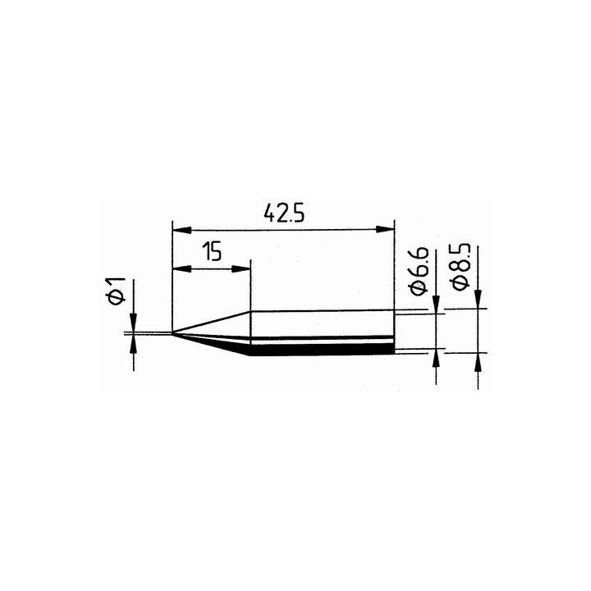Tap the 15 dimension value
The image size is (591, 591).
pyautogui.click(x=213, y=251)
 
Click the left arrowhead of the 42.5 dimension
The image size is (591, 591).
pyautogui.click(x=180, y=229)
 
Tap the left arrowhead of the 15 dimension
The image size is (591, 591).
pyautogui.click(x=180, y=268)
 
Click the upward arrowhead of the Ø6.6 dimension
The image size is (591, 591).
pyautogui.click(x=434, y=359)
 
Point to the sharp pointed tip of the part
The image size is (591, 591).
pyautogui.click(x=174, y=332)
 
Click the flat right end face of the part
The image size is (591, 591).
pyautogui.click(x=393, y=332)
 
